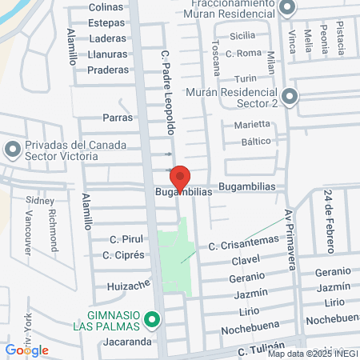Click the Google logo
pyautogui.click(x=26, y=350)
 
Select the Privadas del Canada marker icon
pyautogui.click(x=13, y=150)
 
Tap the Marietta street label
pyautogui.click(x=251, y=125)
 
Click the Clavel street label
pyautogui.click(x=246, y=261)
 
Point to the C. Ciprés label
pyautogui.click(x=123, y=255)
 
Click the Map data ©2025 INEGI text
pyautogui.click(x=312, y=354)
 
